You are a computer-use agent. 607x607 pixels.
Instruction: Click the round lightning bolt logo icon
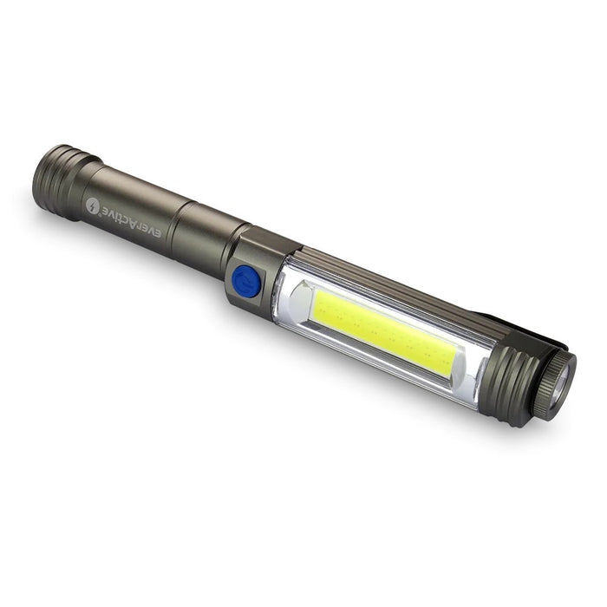tap(93, 206)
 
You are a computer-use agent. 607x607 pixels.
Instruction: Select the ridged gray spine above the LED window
tap(390, 282)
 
